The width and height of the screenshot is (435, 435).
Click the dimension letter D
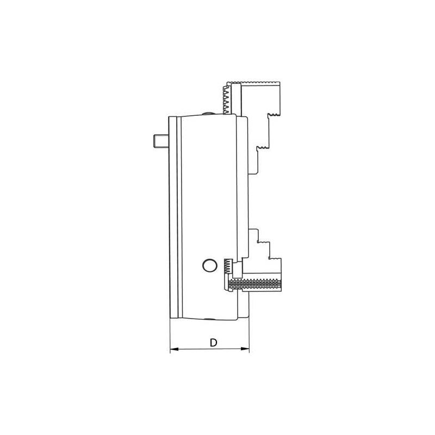(x=214, y=342)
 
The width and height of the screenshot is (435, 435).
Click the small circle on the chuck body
(x=208, y=265)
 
